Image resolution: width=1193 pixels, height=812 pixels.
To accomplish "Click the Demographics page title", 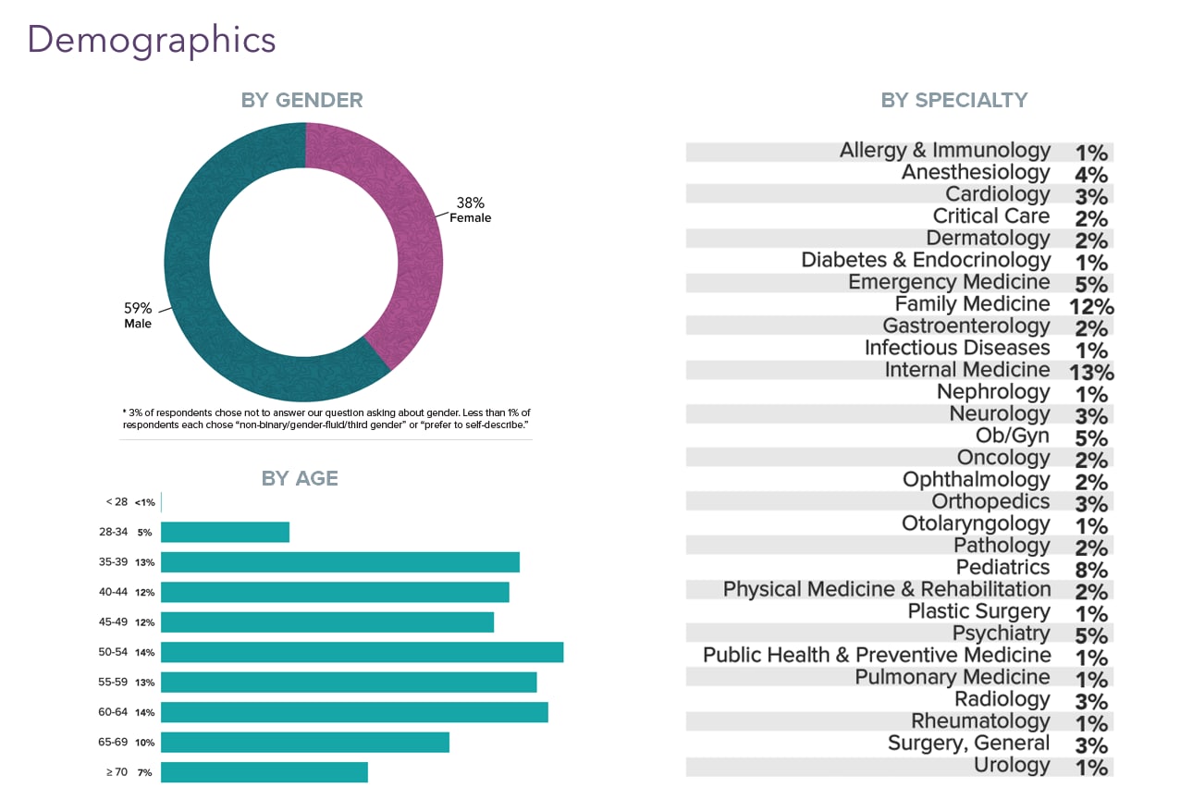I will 152,41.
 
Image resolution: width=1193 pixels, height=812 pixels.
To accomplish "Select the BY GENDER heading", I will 301,100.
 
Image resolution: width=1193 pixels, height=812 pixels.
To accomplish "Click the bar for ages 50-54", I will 362,652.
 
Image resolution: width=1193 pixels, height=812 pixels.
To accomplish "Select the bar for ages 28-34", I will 225,532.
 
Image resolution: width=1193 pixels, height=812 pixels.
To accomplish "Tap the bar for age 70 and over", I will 264,772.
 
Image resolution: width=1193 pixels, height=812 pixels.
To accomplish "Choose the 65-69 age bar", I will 304,743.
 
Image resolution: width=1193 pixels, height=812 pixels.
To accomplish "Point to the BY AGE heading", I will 300,478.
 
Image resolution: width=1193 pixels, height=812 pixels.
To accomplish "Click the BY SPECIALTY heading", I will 953,100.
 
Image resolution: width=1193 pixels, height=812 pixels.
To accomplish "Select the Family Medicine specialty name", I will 972,304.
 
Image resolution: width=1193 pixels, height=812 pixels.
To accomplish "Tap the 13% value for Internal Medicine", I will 1092,373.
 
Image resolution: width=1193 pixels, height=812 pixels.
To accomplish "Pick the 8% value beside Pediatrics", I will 1091,571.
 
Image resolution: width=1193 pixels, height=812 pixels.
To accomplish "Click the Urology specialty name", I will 1012,766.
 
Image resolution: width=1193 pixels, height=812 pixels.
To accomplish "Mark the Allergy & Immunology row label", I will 944,151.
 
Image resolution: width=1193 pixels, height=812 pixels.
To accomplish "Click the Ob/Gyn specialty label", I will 1013,436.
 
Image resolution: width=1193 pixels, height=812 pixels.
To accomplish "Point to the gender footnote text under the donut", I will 326,418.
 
